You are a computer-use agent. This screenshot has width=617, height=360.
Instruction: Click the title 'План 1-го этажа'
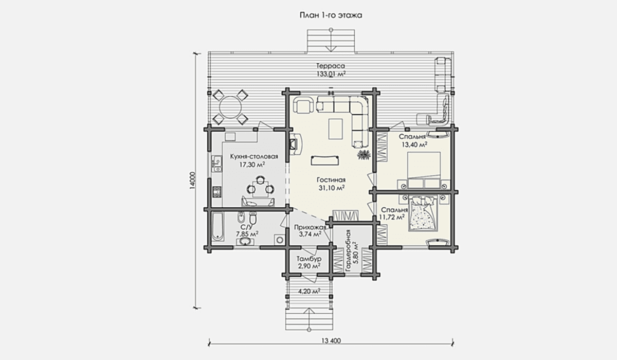click(x=331, y=15)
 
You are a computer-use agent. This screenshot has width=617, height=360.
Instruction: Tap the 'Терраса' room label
click(x=331, y=66)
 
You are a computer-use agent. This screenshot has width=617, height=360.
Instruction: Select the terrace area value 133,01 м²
click(x=331, y=74)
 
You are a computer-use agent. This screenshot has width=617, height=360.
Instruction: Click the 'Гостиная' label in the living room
click(x=331, y=180)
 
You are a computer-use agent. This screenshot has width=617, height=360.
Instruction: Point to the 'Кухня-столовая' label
click(x=254, y=157)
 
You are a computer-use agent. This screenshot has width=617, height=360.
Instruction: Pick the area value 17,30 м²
click(x=252, y=165)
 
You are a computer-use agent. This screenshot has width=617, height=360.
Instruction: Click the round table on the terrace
click(x=230, y=107)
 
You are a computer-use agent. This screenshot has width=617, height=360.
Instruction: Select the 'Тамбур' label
click(x=309, y=259)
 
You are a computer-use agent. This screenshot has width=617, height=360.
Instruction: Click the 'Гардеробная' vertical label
click(x=348, y=249)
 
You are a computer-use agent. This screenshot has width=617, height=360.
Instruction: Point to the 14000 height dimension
click(x=192, y=181)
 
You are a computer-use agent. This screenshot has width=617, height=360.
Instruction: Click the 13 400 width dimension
click(x=331, y=341)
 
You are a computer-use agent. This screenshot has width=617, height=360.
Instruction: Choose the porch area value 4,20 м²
click(x=309, y=291)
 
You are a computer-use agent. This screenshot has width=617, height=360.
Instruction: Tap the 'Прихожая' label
click(x=310, y=227)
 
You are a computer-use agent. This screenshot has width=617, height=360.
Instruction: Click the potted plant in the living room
click(x=364, y=154)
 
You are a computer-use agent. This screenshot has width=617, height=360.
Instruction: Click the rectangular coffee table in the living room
click(x=335, y=129)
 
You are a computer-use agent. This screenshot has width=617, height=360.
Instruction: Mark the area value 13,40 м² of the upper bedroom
click(x=414, y=145)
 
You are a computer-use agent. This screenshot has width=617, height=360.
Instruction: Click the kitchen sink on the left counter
click(x=216, y=164)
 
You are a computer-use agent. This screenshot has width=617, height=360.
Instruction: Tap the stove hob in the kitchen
click(x=217, y=192)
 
